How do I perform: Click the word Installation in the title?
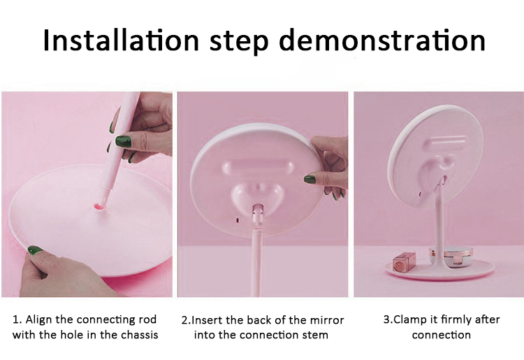tap(121, 40)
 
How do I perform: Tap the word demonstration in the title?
tap(382, 40)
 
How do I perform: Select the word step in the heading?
tap(239, 41)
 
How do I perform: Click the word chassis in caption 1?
tap(139, 335)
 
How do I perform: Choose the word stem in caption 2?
tap(316, 335)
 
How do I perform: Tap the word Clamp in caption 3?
tap(409, 320)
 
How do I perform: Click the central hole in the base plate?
tap(100, 207)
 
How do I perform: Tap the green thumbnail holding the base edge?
tap(34, 250)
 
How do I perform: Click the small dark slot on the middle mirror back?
tap(238, 220)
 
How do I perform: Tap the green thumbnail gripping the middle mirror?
tap(310, 179)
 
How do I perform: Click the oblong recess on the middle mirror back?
tap(257, 166)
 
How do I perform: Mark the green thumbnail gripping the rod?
tap(123, 141)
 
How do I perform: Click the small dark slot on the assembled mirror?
tap(420, 193)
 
